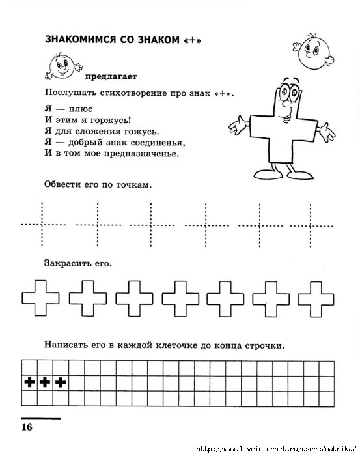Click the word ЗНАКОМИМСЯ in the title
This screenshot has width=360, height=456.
pos(77,40)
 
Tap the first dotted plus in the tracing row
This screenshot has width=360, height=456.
pos(42,224)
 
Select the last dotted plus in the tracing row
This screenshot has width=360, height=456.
pos(314,224)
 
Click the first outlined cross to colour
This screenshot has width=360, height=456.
pos(40,300)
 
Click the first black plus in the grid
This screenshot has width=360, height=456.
pos(29,382)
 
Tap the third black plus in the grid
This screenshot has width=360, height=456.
pos(60,382)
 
